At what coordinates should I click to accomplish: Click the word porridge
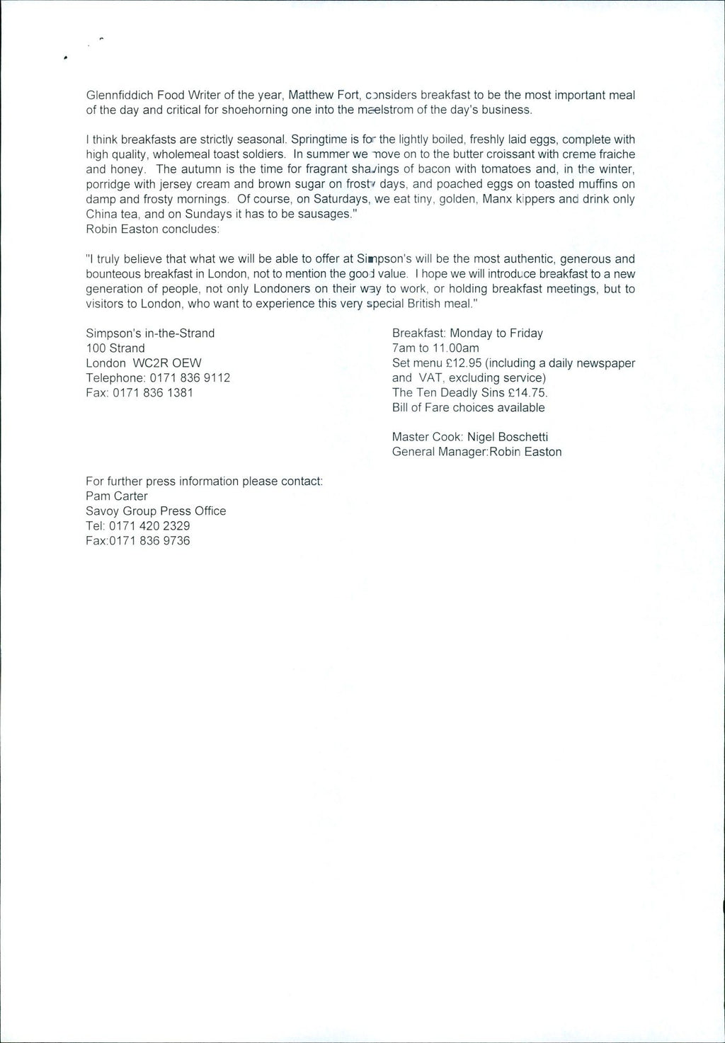pos(108,184)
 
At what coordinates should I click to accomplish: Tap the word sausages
pos(324,214)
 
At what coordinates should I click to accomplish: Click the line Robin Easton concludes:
pos(153,229)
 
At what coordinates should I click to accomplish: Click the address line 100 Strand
pos(115,348)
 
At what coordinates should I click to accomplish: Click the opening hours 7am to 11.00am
pos(435,348)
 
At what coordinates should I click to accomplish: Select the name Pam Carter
pos(117,496)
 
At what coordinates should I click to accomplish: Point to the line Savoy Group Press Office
pos(156,511)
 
